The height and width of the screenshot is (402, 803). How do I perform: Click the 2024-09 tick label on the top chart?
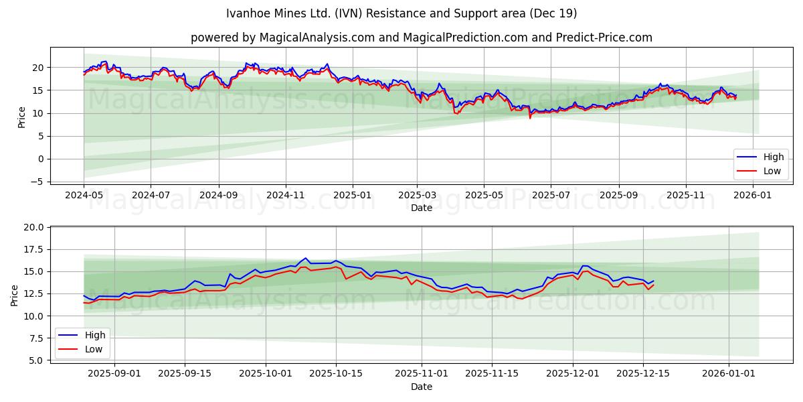219,194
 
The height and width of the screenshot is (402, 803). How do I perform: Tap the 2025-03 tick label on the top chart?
417,194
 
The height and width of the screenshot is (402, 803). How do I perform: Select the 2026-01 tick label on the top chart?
753,194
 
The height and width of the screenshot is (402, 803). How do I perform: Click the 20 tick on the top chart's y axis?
39,68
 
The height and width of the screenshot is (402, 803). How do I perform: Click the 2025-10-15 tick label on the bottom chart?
335,373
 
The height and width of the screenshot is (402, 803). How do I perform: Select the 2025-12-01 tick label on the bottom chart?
572,373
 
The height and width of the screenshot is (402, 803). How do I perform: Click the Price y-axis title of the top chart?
21,117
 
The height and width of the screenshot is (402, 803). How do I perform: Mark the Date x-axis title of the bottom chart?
422,387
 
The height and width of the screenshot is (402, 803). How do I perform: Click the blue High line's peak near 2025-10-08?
306,258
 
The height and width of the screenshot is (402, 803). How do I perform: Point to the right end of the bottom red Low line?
653,285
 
